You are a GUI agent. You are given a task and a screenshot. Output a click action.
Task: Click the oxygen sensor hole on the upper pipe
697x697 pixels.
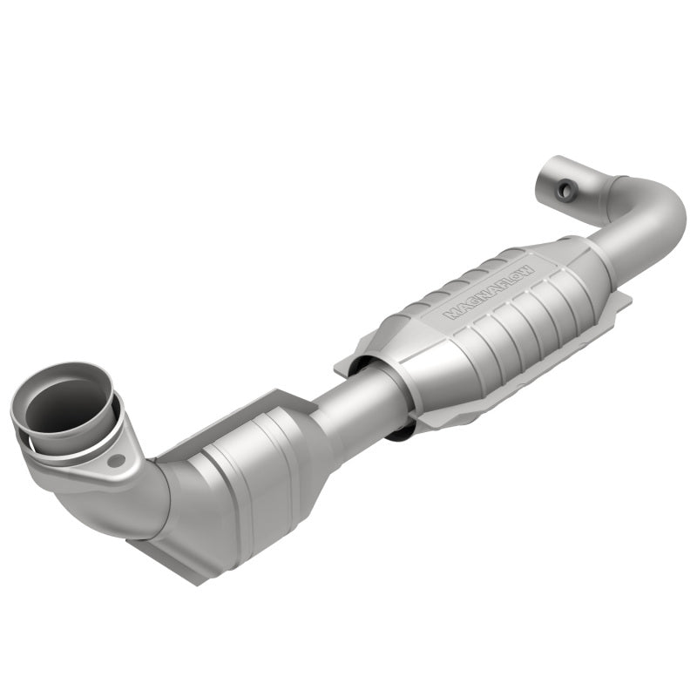tap(568, 186)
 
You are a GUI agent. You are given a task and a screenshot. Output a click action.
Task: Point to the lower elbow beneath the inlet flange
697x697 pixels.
tap(139, 497)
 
